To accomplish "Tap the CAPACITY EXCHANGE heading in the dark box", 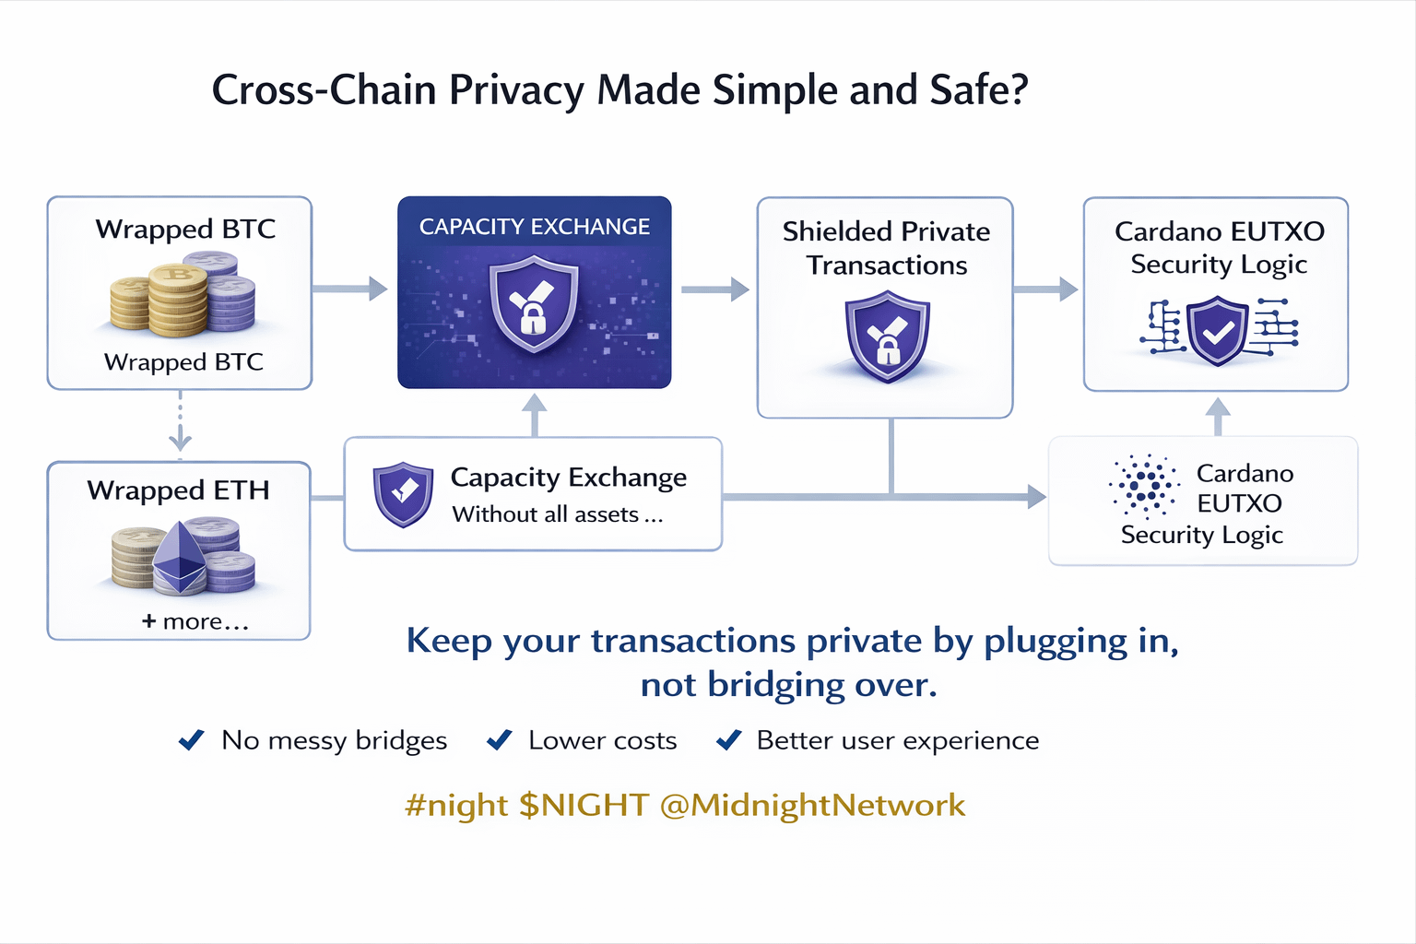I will tap(535, 227).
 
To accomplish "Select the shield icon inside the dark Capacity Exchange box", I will tap(534, 305).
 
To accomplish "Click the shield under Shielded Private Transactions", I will tap(887, 336).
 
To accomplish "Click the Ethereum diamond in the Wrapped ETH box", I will tap(180, 556).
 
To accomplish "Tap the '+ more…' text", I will tap(195, 621).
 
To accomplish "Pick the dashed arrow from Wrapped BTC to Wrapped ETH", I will tap(181, 424).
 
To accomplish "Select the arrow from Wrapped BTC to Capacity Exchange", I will tap(349, 289).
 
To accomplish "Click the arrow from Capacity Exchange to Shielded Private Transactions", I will tap(714, 289).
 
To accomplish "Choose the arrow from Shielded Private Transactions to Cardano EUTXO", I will tap(1045, 289).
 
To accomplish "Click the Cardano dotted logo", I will tap(1146, 486).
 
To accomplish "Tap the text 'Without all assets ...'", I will tap(557, 514).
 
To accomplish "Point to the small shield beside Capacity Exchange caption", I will tap(403, 494).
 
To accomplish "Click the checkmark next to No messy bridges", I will tap(192, 739).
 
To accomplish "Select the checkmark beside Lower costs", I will tap(500, 739).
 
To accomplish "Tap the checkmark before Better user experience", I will tap(728, 739).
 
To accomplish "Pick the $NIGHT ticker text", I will tap(584, 805).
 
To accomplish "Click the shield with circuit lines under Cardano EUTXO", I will tap(1218, 330).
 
